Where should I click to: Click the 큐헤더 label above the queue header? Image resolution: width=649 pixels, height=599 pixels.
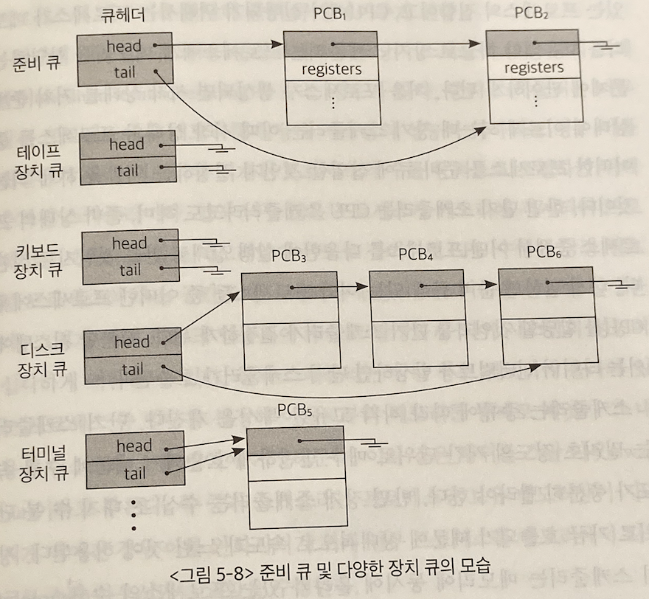[x=123, y=15]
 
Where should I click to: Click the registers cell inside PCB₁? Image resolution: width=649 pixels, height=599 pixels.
[x=331, y=69]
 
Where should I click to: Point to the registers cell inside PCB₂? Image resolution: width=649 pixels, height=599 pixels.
[x=534, y=68]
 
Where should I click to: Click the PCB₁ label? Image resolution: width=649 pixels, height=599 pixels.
[x=329, y=15]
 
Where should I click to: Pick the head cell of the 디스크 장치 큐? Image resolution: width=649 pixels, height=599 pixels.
[x=132, y=342]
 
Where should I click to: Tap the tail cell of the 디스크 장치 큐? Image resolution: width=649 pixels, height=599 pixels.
[x=132, y=369]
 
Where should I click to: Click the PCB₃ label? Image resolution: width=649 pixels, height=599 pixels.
[x=289, y=256]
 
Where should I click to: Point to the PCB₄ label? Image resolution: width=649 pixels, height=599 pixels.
[x=416, y=255]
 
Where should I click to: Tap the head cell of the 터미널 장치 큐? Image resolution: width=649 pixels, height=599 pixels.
[x=133, y=446]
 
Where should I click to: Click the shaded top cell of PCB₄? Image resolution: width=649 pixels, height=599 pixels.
[x=416, y=285]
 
